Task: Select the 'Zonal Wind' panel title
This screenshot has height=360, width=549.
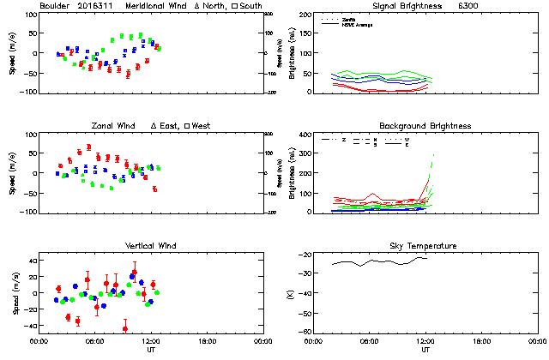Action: click(x=115, y=126)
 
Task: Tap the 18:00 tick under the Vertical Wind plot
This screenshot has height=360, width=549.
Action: click(x=204, y=342)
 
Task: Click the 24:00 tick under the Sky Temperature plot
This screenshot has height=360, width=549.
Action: click(x=534, y=342)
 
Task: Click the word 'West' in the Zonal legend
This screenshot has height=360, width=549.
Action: click(x=202, y=126)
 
